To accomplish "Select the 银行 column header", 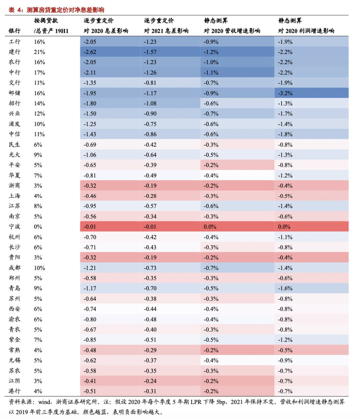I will [x=15, y=31].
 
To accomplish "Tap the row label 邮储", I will [x=15, y=93].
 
